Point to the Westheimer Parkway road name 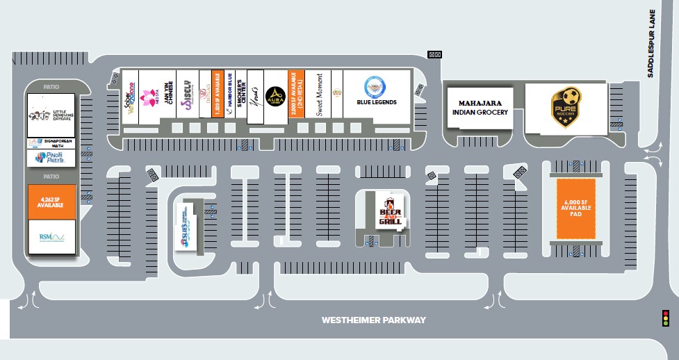click(373, 320)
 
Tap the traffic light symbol click(665, 318)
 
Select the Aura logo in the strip click(275, 97)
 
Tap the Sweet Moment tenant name click(319, 95)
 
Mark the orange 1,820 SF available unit click(217, 93)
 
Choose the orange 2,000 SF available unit click(302, 94)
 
